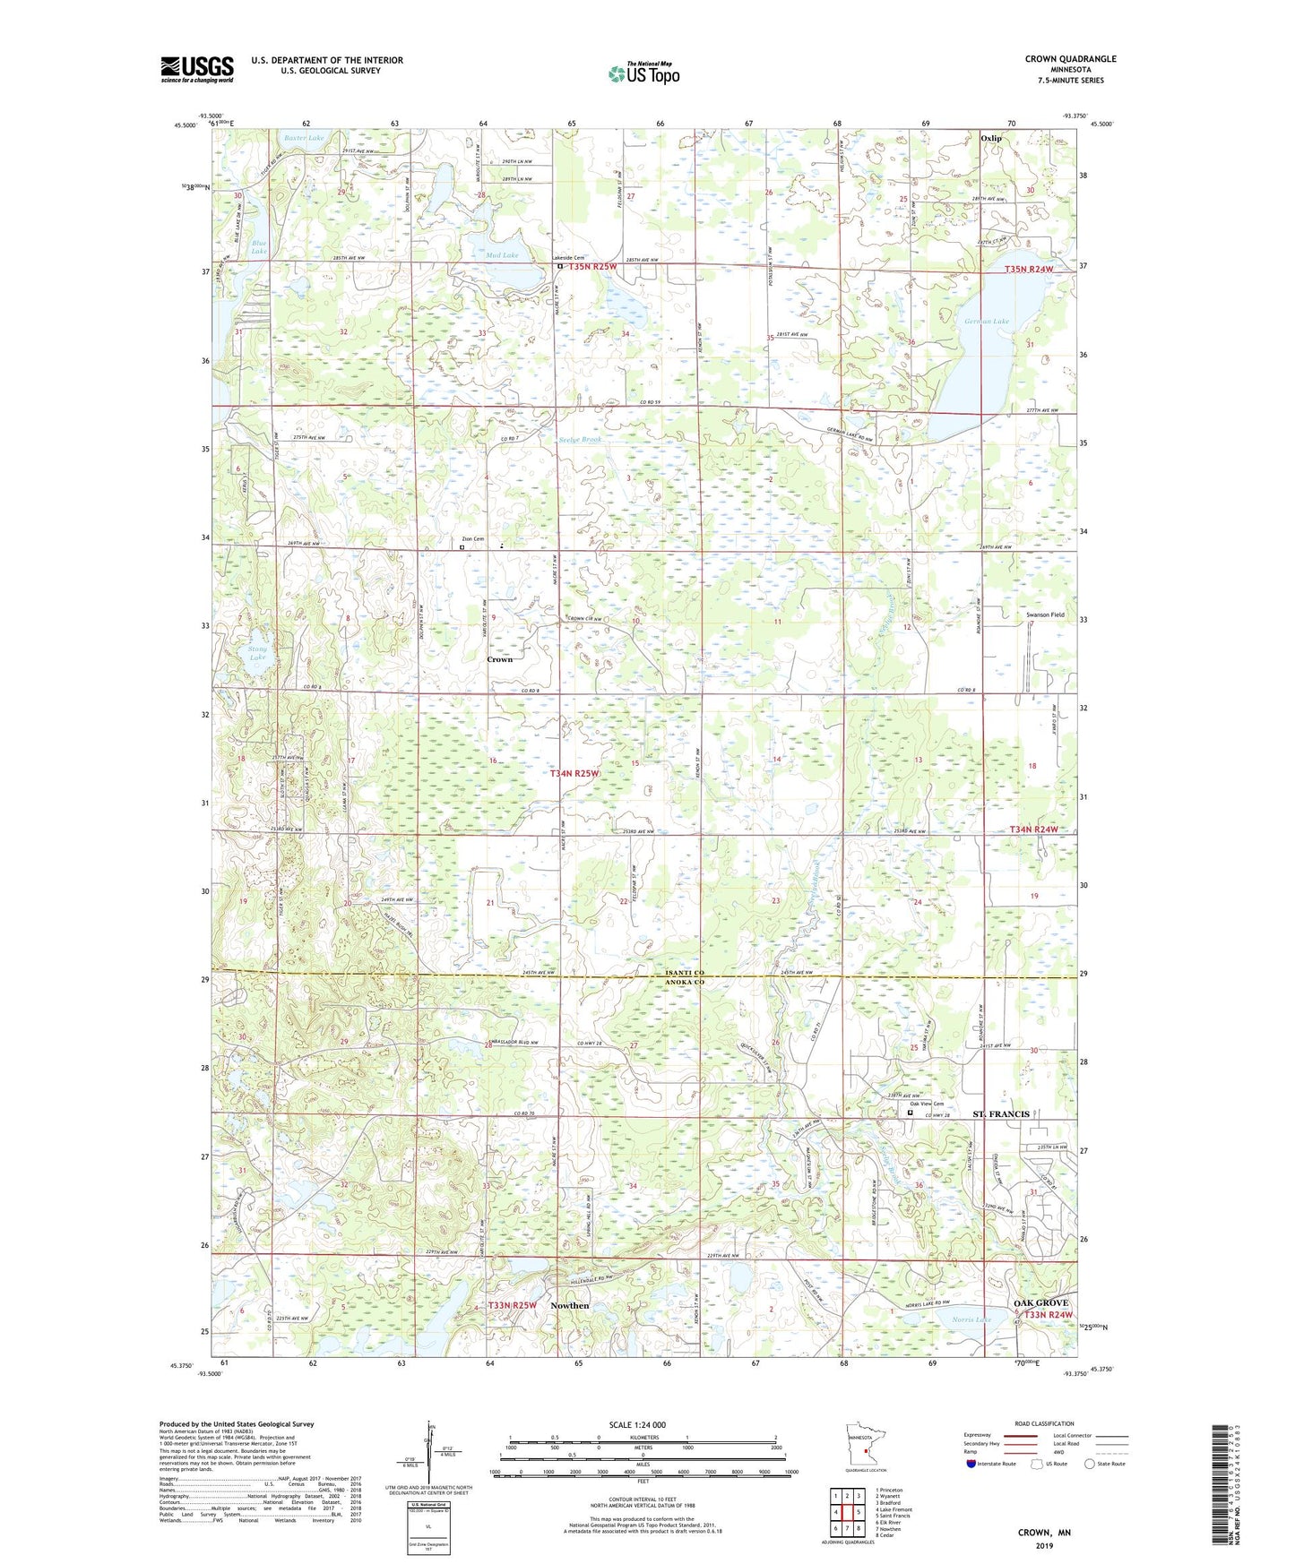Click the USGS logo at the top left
(x=197, y=69)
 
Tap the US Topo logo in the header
(x=642, y=73)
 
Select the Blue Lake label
(x=259, y=247)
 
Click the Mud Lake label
(x=502, y=255)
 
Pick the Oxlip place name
(x=990, y=139)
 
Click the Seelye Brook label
(x=581, y=440)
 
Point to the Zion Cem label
(x=473, y=539)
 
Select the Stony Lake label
(x=258, y=653)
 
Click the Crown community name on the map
(x=499, y=659)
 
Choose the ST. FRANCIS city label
(x=1001, y=1113)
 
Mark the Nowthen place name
(x=570, y=1305)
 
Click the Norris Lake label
(x=971, y=1320)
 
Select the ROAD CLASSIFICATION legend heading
(x=1043, y=1423)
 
